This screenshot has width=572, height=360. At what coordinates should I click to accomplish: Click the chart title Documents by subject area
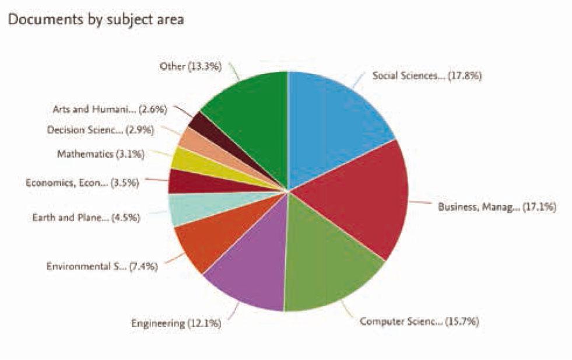point(96,20)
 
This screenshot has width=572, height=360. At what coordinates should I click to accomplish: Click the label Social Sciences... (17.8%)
point(427,75)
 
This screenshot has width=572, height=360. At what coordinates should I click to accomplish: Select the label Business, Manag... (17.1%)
point(497,207)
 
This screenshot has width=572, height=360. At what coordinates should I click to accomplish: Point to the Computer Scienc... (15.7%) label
point(419,321)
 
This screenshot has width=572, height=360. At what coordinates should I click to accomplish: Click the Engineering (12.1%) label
point(176,323)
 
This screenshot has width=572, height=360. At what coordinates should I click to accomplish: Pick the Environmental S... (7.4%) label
point(102,267)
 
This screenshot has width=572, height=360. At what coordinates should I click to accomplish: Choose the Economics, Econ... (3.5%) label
point(82,183)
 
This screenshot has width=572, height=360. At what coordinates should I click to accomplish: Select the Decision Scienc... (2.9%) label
point(100,130)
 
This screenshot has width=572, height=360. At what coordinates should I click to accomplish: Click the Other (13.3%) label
point(191,67)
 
